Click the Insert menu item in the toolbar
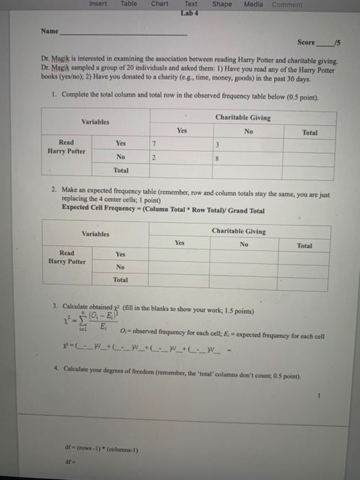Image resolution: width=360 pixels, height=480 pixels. [x=97, y=4]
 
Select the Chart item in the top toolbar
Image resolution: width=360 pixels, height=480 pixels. [x=159, y=4]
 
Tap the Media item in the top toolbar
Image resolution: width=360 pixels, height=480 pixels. [x=253, y=4]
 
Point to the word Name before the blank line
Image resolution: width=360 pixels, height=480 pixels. [x=49, y=32]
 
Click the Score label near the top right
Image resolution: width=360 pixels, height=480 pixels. [x=306, y=43]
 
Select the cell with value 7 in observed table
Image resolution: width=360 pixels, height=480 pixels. [x=156, y=144]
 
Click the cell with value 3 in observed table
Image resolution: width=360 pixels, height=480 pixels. [x=217, y=145]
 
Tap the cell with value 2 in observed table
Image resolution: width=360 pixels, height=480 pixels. [x=154, y=157]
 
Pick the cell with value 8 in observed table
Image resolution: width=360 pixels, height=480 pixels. [x=217, y=157]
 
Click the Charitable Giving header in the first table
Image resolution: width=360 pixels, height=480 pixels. [x=243, y=118]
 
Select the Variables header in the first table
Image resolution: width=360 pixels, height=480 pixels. [x=95, y=121]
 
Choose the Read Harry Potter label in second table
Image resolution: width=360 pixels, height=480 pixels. [x=67, y=257]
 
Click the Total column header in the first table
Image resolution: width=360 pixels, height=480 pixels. [x=309, y=132]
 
